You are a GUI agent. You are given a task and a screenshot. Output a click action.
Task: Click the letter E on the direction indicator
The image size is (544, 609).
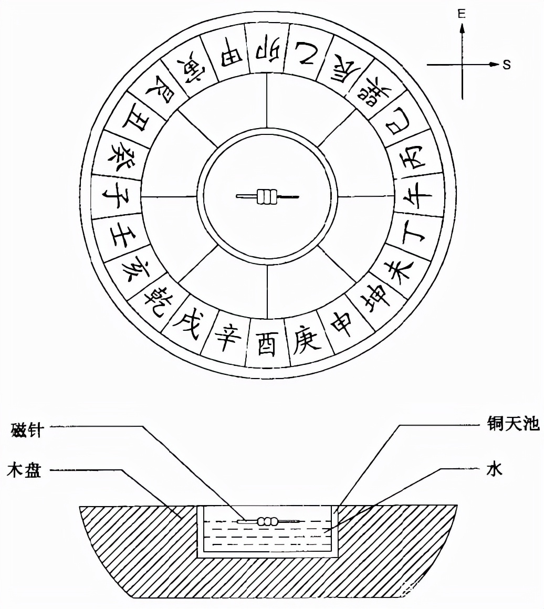[462, 14]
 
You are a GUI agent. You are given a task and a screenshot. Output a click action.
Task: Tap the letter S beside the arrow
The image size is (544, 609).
[506, 65]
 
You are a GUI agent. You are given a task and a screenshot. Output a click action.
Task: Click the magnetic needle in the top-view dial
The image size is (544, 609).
[267, 197]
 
